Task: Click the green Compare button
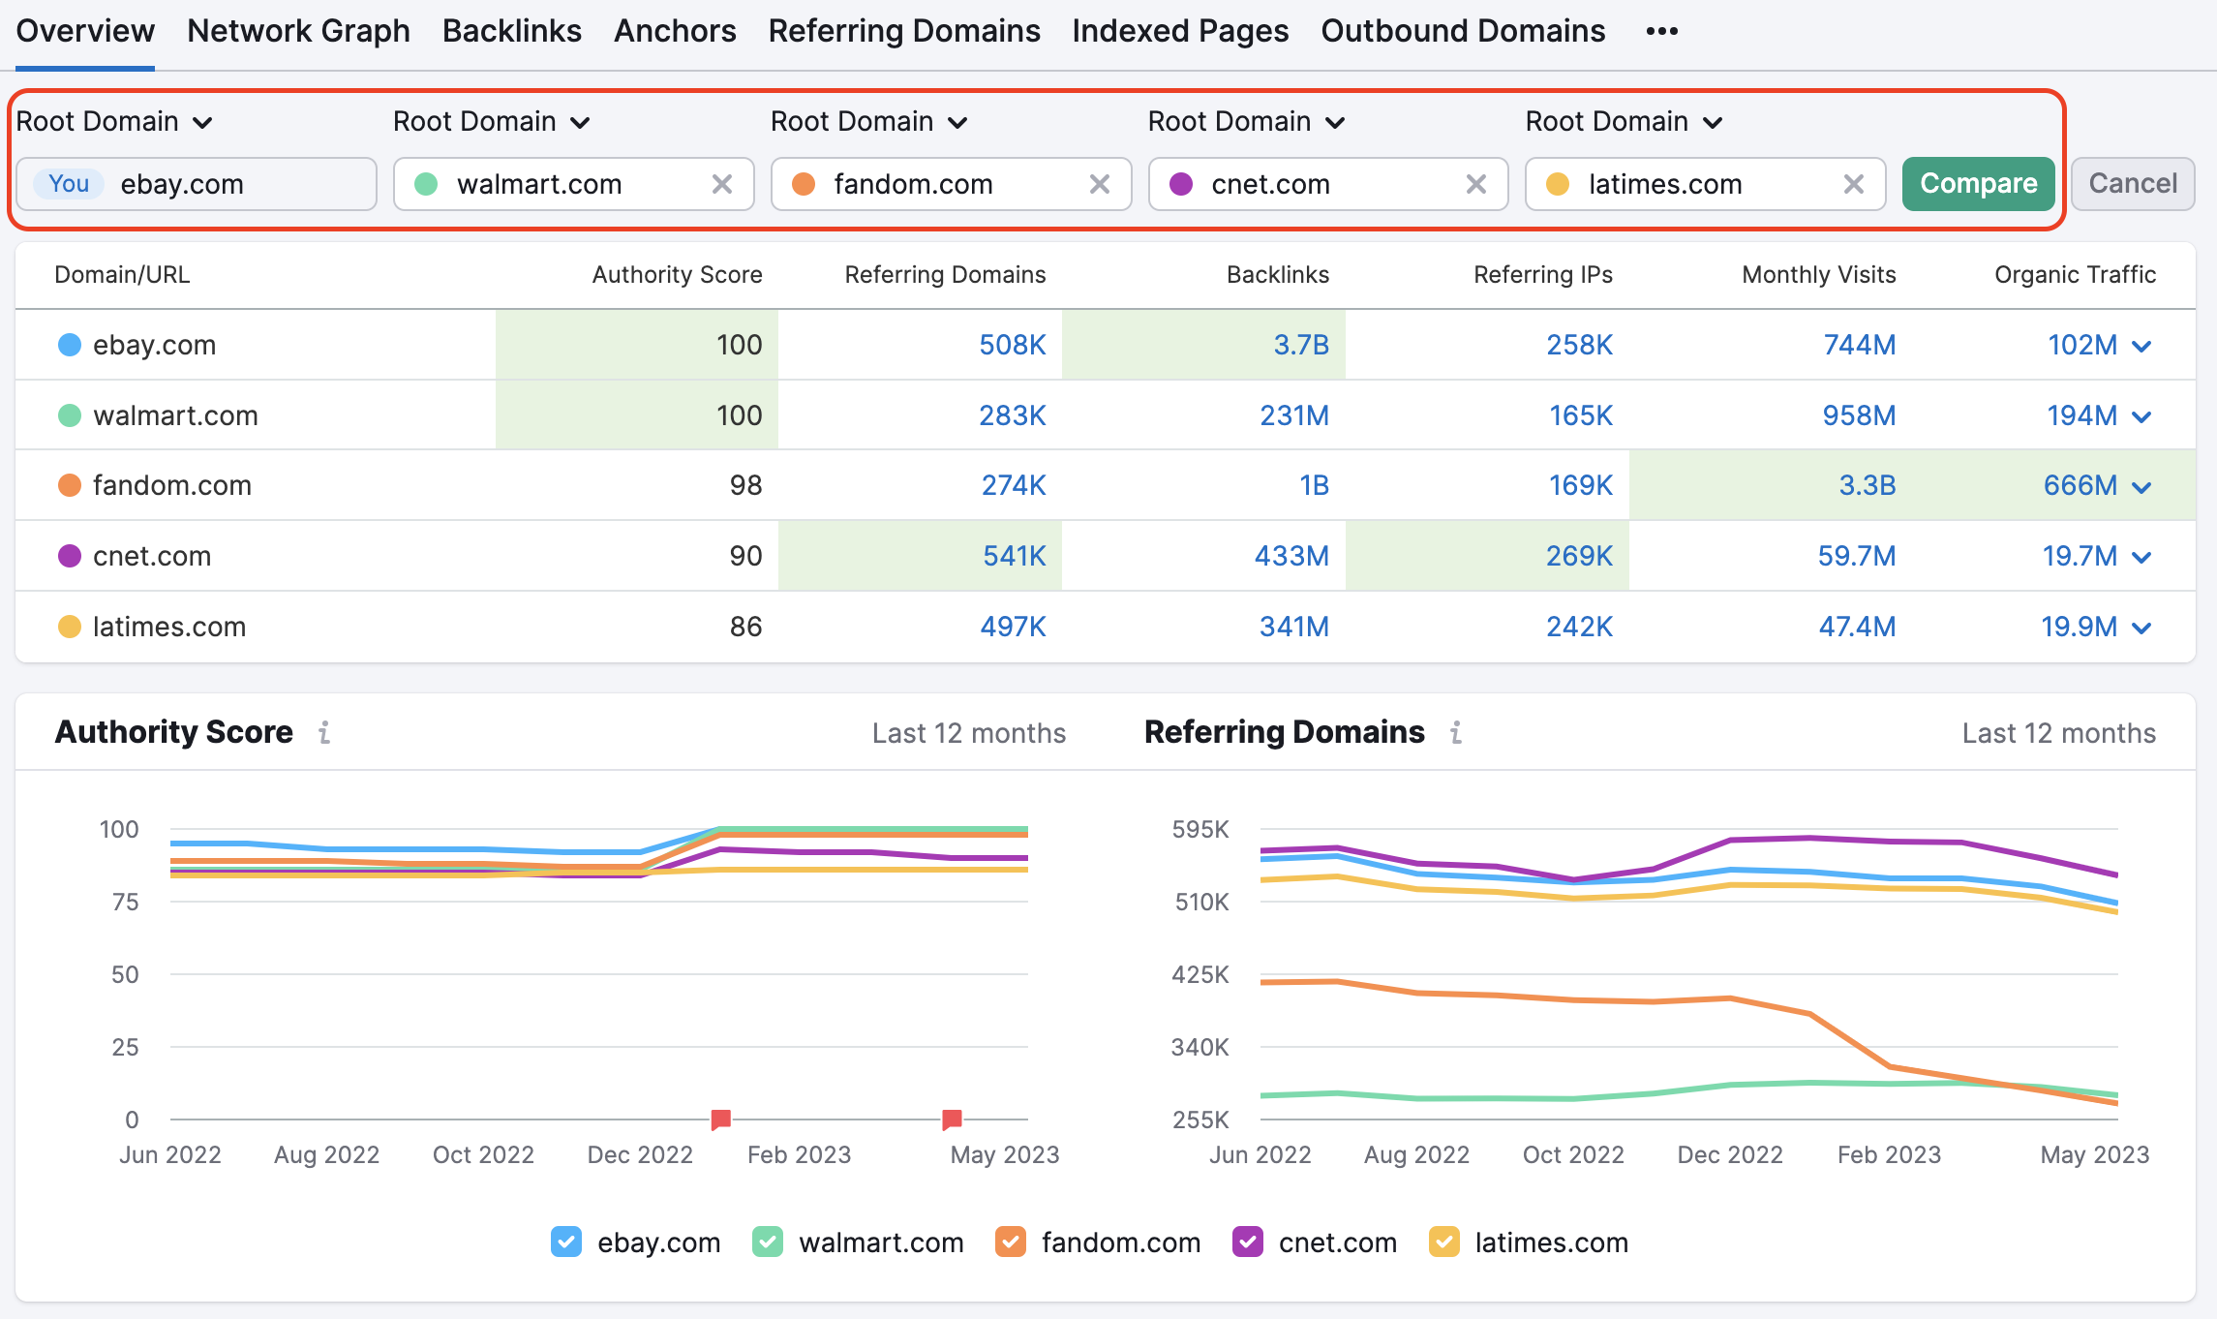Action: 1977,184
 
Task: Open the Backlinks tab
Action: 511,31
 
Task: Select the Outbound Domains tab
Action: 1462,31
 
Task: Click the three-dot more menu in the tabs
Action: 1661,31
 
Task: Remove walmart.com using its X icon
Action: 721,184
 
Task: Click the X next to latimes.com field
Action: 1853,184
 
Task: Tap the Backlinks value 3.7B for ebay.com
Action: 1300,345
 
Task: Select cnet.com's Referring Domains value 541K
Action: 1014,556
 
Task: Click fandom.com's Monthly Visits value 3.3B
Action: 1867,485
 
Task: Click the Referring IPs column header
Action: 1542,275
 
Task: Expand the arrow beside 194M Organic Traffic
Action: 2141,416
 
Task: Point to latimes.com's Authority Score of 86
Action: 745,627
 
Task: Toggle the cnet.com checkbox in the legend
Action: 1247,1242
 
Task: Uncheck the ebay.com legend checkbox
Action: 566,1242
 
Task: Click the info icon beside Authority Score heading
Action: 324,733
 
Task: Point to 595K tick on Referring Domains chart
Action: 1200,829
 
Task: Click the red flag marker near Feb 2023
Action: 720,1120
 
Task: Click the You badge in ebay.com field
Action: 69,184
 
